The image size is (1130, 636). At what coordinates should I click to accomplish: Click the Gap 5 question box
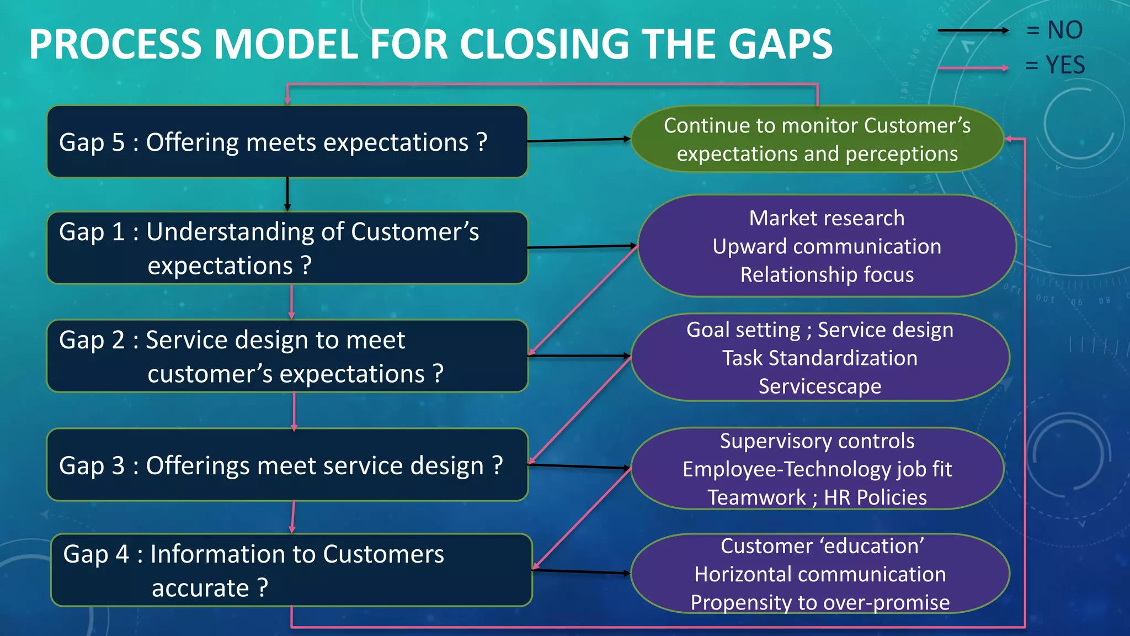tap(287, 142)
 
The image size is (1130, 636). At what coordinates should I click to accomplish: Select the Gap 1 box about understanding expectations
tap(287, 248)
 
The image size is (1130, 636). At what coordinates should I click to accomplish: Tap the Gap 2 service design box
tap(287, 356)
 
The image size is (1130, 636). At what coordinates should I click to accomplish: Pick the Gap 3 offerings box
tap(287, 465)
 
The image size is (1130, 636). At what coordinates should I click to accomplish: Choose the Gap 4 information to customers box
tap(291, 570)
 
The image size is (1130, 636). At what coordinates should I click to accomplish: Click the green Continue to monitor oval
tap(817, 139)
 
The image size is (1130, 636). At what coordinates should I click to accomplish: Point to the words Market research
tap(827, 218)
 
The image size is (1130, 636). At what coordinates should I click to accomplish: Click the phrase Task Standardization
tap(820, 358)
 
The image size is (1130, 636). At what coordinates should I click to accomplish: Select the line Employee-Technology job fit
tap(817, 469)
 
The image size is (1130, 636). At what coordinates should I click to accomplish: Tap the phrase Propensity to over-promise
tap(820, 602)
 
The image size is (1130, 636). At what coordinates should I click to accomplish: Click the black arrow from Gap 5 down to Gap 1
tap(287, 194)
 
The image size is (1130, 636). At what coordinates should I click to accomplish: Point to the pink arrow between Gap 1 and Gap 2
tap(291, 301)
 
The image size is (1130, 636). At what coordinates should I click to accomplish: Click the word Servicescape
tap(820, 386)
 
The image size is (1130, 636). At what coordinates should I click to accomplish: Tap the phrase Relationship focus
tap(827, 275)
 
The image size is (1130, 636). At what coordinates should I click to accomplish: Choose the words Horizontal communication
tap(820, 574)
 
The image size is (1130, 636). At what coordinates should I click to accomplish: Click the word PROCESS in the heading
tap(115, 44)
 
